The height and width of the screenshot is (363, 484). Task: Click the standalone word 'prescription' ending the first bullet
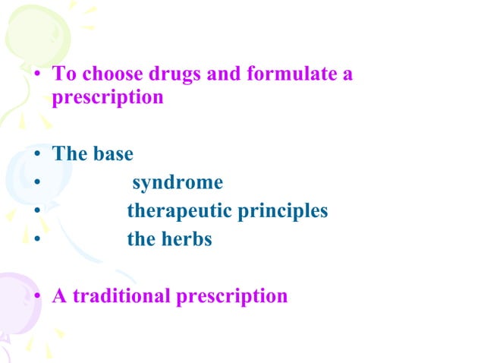point(107,98)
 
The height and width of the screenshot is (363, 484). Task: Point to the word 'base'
point(113,154)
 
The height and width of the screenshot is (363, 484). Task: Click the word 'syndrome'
point(178,183)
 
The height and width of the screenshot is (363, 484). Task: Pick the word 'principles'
point(282,211)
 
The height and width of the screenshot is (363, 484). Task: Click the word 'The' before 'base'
point(71,154)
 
